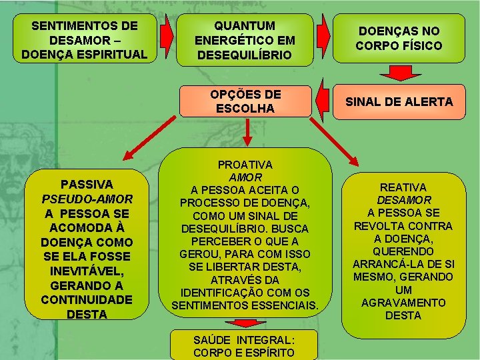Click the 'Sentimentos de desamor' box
[84, 39]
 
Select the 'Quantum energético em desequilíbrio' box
[244, 39]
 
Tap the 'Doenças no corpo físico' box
[399, 39]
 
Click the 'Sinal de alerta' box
[399, 101]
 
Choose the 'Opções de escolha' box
[246, 101]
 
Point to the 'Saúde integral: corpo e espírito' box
[244, 345]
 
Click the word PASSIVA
[87, 184]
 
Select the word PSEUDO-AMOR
[87, 199]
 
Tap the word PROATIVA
[245, 164]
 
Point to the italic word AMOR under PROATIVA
[245, 177]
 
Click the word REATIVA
[403, 187]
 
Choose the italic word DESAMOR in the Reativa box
[403, 200]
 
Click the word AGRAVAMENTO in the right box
[403, 303]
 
